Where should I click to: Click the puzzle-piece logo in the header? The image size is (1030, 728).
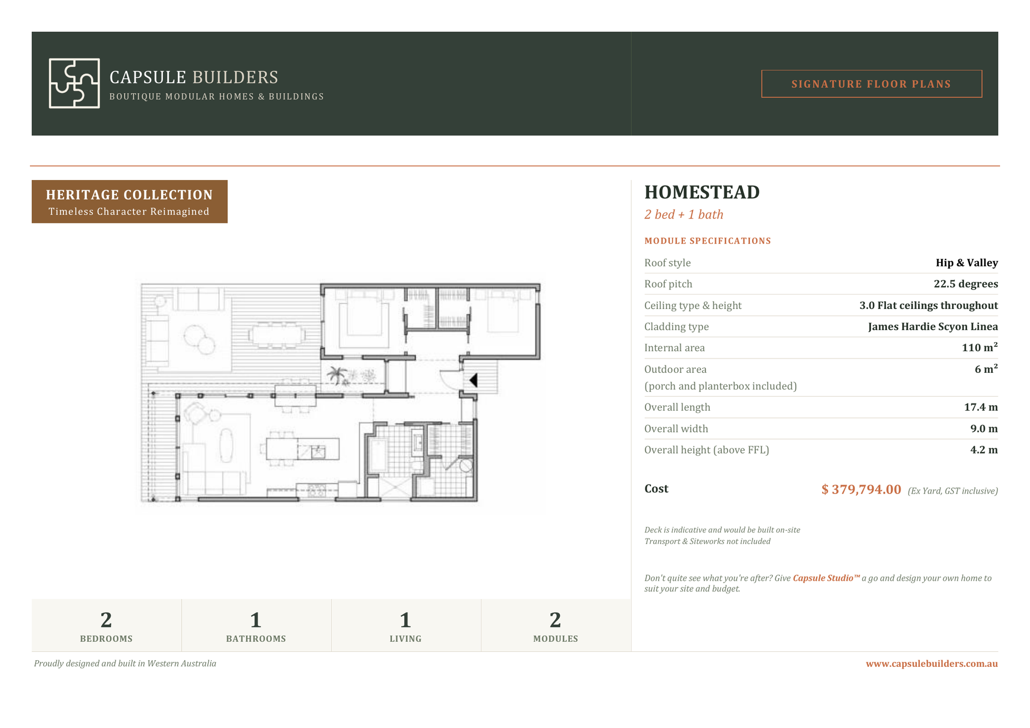click(x=74, y=83)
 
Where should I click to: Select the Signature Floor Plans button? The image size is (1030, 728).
click(x=871, y=84)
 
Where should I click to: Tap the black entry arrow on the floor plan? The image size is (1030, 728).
click(x=474, y=380)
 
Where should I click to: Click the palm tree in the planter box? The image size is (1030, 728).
click(x=337, y=375)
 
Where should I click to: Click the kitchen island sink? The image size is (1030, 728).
click(x=317, y=451)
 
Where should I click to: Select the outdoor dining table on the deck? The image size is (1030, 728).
click(x=276, y=335)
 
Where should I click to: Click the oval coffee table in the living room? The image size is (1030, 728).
click(x=226, y=445)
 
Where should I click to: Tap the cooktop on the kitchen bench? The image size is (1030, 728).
click(x=316, y=490)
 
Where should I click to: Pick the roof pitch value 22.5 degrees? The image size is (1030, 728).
click(x=966, y=284)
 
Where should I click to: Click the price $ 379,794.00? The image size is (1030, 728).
click(x=861, y=489)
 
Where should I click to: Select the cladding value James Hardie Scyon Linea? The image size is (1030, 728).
click(x=933, y=327)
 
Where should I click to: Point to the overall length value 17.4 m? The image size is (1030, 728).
click(x=981, y=407)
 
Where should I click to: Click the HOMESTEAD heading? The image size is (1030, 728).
click(x=702, y=192)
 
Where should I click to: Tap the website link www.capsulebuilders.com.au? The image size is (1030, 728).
click(x=932, y=664)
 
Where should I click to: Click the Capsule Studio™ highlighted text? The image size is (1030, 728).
click(x=826, y=578)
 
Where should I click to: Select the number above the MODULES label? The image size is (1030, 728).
click(x=555, y=620)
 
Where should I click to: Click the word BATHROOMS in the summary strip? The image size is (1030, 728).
click(x=256, y=639)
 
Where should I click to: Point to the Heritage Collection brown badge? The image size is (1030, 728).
click(x=130, y=202)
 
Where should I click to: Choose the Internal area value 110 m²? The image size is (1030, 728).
click(x=979, y=347)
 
